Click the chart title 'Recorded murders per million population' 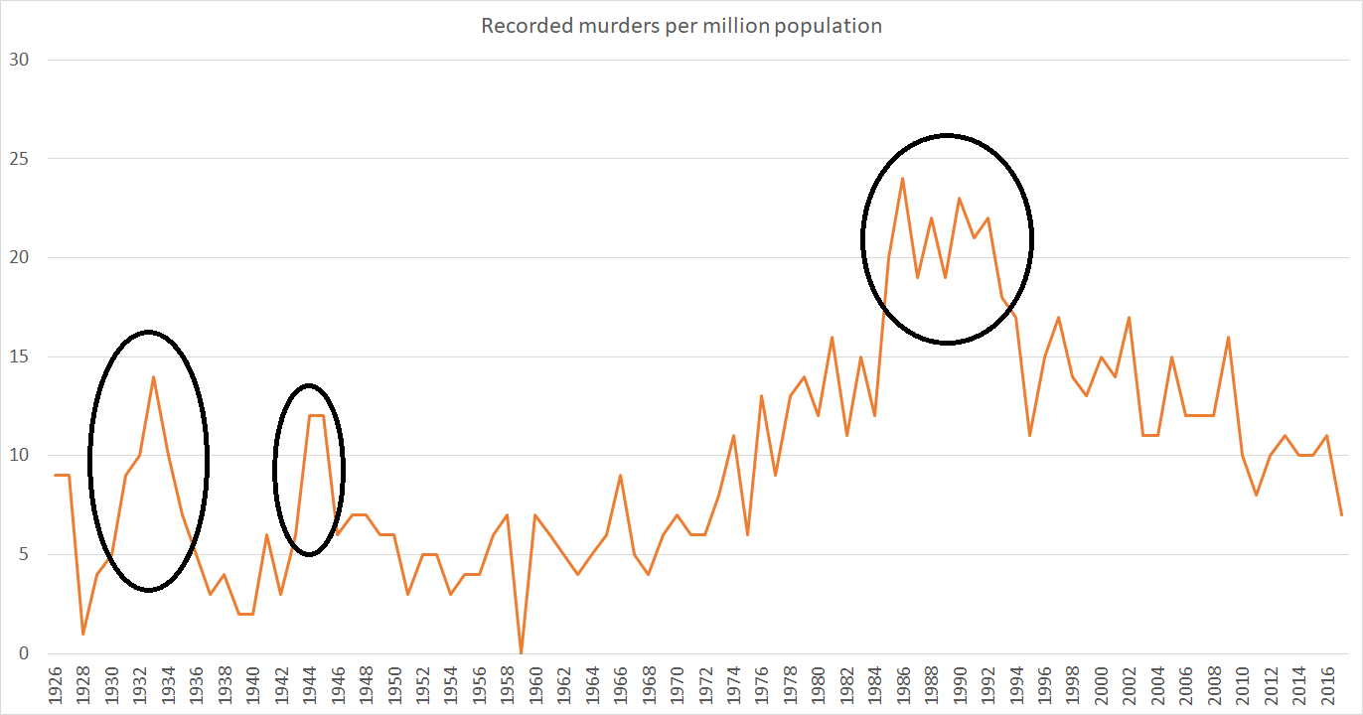(x=681, y=26)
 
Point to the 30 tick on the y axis (x=19, y=60)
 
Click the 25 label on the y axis (x=19, y=159)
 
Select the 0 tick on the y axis (x=24, y=653)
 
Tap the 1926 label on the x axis (x=55, y=688)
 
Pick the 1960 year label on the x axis (x=535, y=688)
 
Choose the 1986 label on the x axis (x=903, y=688)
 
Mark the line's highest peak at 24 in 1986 (x=902, y=179)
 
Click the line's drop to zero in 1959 (x=521, y=652)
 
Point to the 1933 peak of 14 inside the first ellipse (x=153, y=376)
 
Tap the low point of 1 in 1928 (x=82, y=634)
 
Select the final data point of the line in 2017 (x=1341, y=514)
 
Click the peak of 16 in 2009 (x=1228, y=337)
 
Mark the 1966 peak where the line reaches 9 (x=620, y=476)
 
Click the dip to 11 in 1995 (x=1030, y=436)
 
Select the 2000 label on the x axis (x=1101, y=688)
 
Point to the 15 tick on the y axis (x=19, y=357)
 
